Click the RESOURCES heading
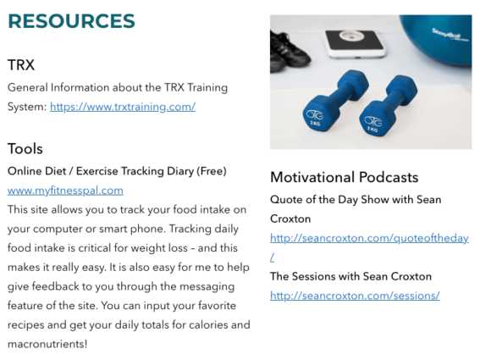pyautogui.click(x=71, y=21)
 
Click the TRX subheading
pyautogui.click(x=21, y=65)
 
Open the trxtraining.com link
pyautogui.click(x=123, y=107)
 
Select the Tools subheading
pyautogui.click(x=25, y=149)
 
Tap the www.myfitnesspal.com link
pyautogui.click(x=65, y=190)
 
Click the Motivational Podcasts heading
pyautogui.click(x=344, y=177)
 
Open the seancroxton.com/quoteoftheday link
pyautogui.click(x=368, y=238)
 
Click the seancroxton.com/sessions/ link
pyautogui.click(x=355, y=296)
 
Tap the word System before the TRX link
pyautogui.click(x=27, y=107)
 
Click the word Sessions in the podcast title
pyautogui.click(x=316, y=277)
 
